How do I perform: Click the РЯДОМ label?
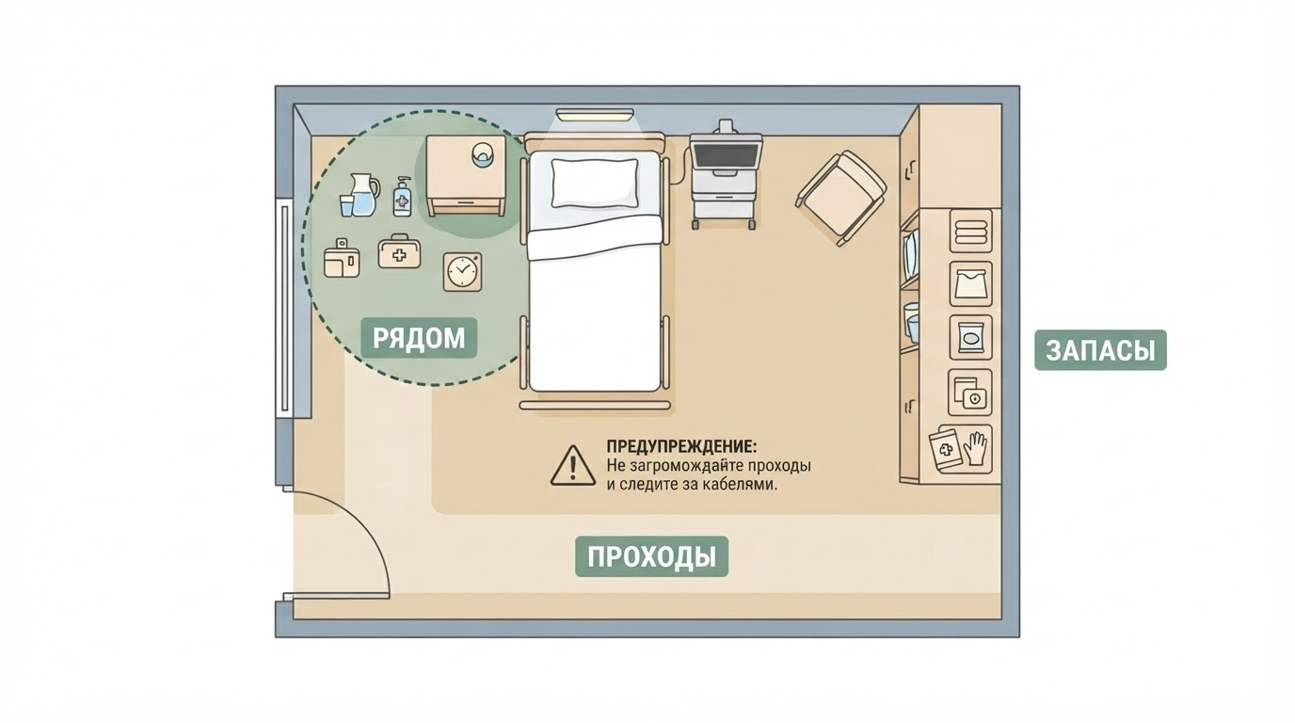[x=419, y=338]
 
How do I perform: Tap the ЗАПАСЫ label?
[x=1100, y=350]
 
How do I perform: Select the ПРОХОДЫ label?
[x=651, y=556]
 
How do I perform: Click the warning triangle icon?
[x=572, y=466]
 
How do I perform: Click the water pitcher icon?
[x=364, y=195]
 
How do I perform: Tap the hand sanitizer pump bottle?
[x=403, y=197]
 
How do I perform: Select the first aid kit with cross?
[x=399, y=251]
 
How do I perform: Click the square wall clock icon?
[x=462, y=271]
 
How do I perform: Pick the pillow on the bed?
[x=595, y=183]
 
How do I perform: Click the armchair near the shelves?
[x=841, y=198]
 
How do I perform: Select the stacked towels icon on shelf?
[x=970, y=231]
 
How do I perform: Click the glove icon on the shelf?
[x=975, y=449]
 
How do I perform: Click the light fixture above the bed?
[x=595, y=115]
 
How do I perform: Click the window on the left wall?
[x=284, y=309]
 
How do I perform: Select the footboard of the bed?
[x=595, y=406]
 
